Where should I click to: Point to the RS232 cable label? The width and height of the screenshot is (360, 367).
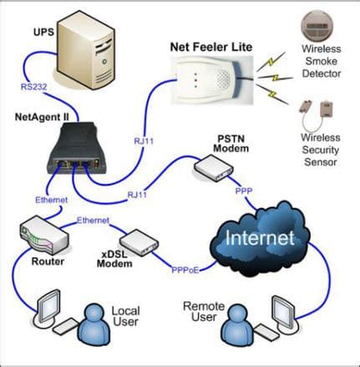(36, 86)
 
